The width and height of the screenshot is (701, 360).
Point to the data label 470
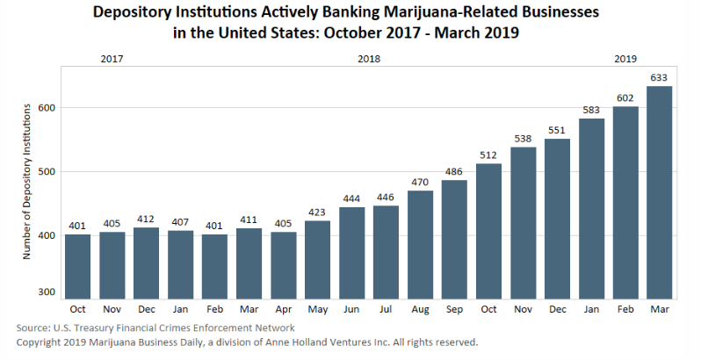pyautogui.click(x=420, y=183)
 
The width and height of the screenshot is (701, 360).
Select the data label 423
pyautogui.click(x=317, y=212)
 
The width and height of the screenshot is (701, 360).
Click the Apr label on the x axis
pyautogui.click(x=283, y=310)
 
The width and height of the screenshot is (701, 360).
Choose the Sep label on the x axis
pyautogui.click(x=454, y=310)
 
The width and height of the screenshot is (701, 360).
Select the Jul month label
pyautogui.click(x=386, y=310)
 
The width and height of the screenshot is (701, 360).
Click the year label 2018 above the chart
pyautogui.click(x=369, y=59)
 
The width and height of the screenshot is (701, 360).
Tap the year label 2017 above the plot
pyautogui.click(x=112, y=59)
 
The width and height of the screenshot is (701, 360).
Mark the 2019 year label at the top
pyautogui.click(x=625, y=59)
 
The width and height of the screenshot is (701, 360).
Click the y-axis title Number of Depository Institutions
pyautogui.click(x=28, y=181)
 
